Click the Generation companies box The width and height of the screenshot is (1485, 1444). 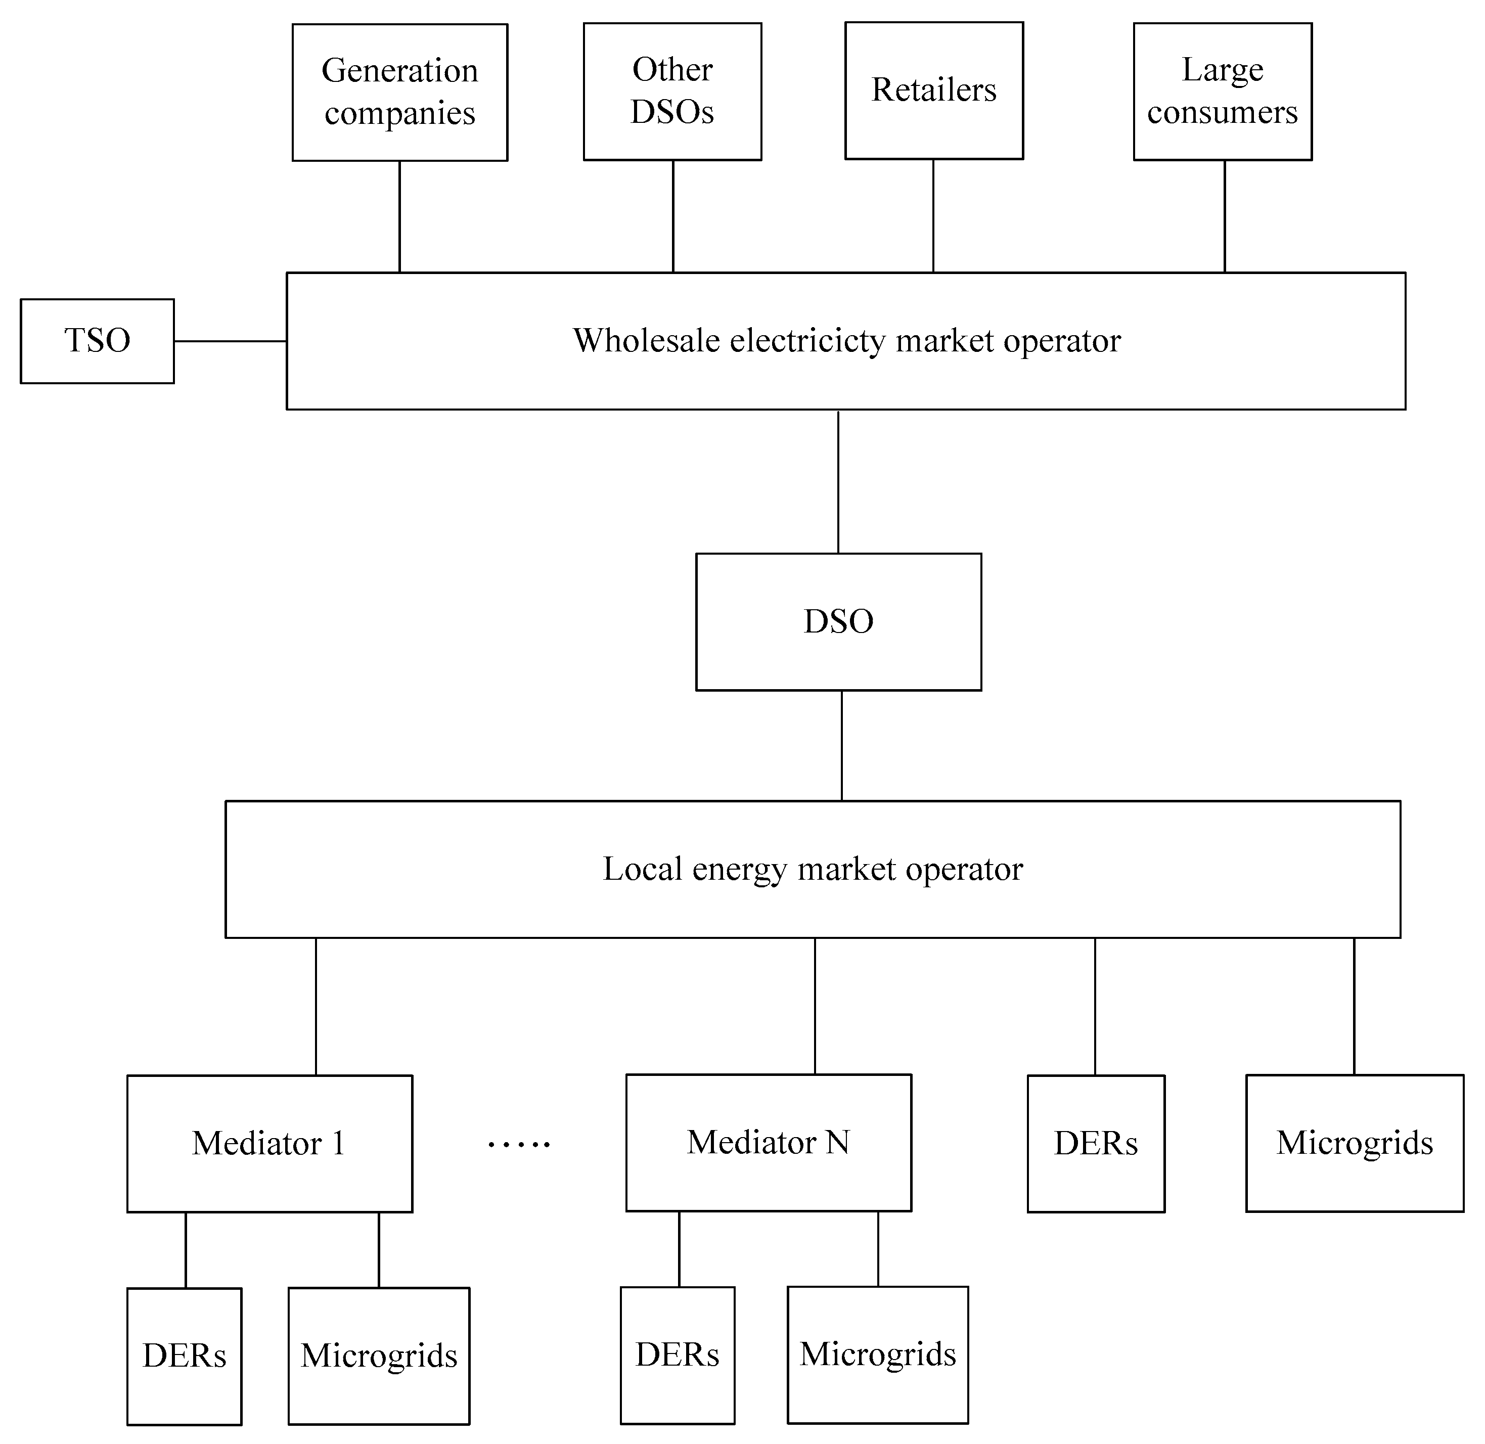pos(399,92)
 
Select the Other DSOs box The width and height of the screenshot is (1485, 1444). pos(672,91)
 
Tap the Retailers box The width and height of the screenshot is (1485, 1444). pos(933,90)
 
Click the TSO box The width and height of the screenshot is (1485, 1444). pos(97,341)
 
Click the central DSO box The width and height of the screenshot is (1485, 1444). pos(838,622)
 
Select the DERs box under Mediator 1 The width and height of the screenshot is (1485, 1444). pos(184,1356)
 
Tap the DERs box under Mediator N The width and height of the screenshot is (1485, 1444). pos(678,1355)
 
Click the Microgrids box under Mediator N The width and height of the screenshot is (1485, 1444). pos(878,1355)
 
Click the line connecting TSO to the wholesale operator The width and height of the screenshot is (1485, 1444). pos(230,341)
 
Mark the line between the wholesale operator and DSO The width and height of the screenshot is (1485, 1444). pos(838,481)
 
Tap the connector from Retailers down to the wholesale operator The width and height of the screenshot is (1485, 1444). pos(933,216)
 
